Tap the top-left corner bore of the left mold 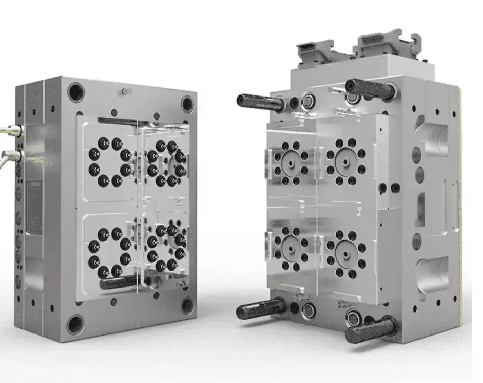pos(76,92)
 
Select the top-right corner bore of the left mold pos(188,104)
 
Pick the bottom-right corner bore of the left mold pos(187,306)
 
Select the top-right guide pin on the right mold pos(369,89)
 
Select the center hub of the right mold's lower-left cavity pos(291,246)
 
